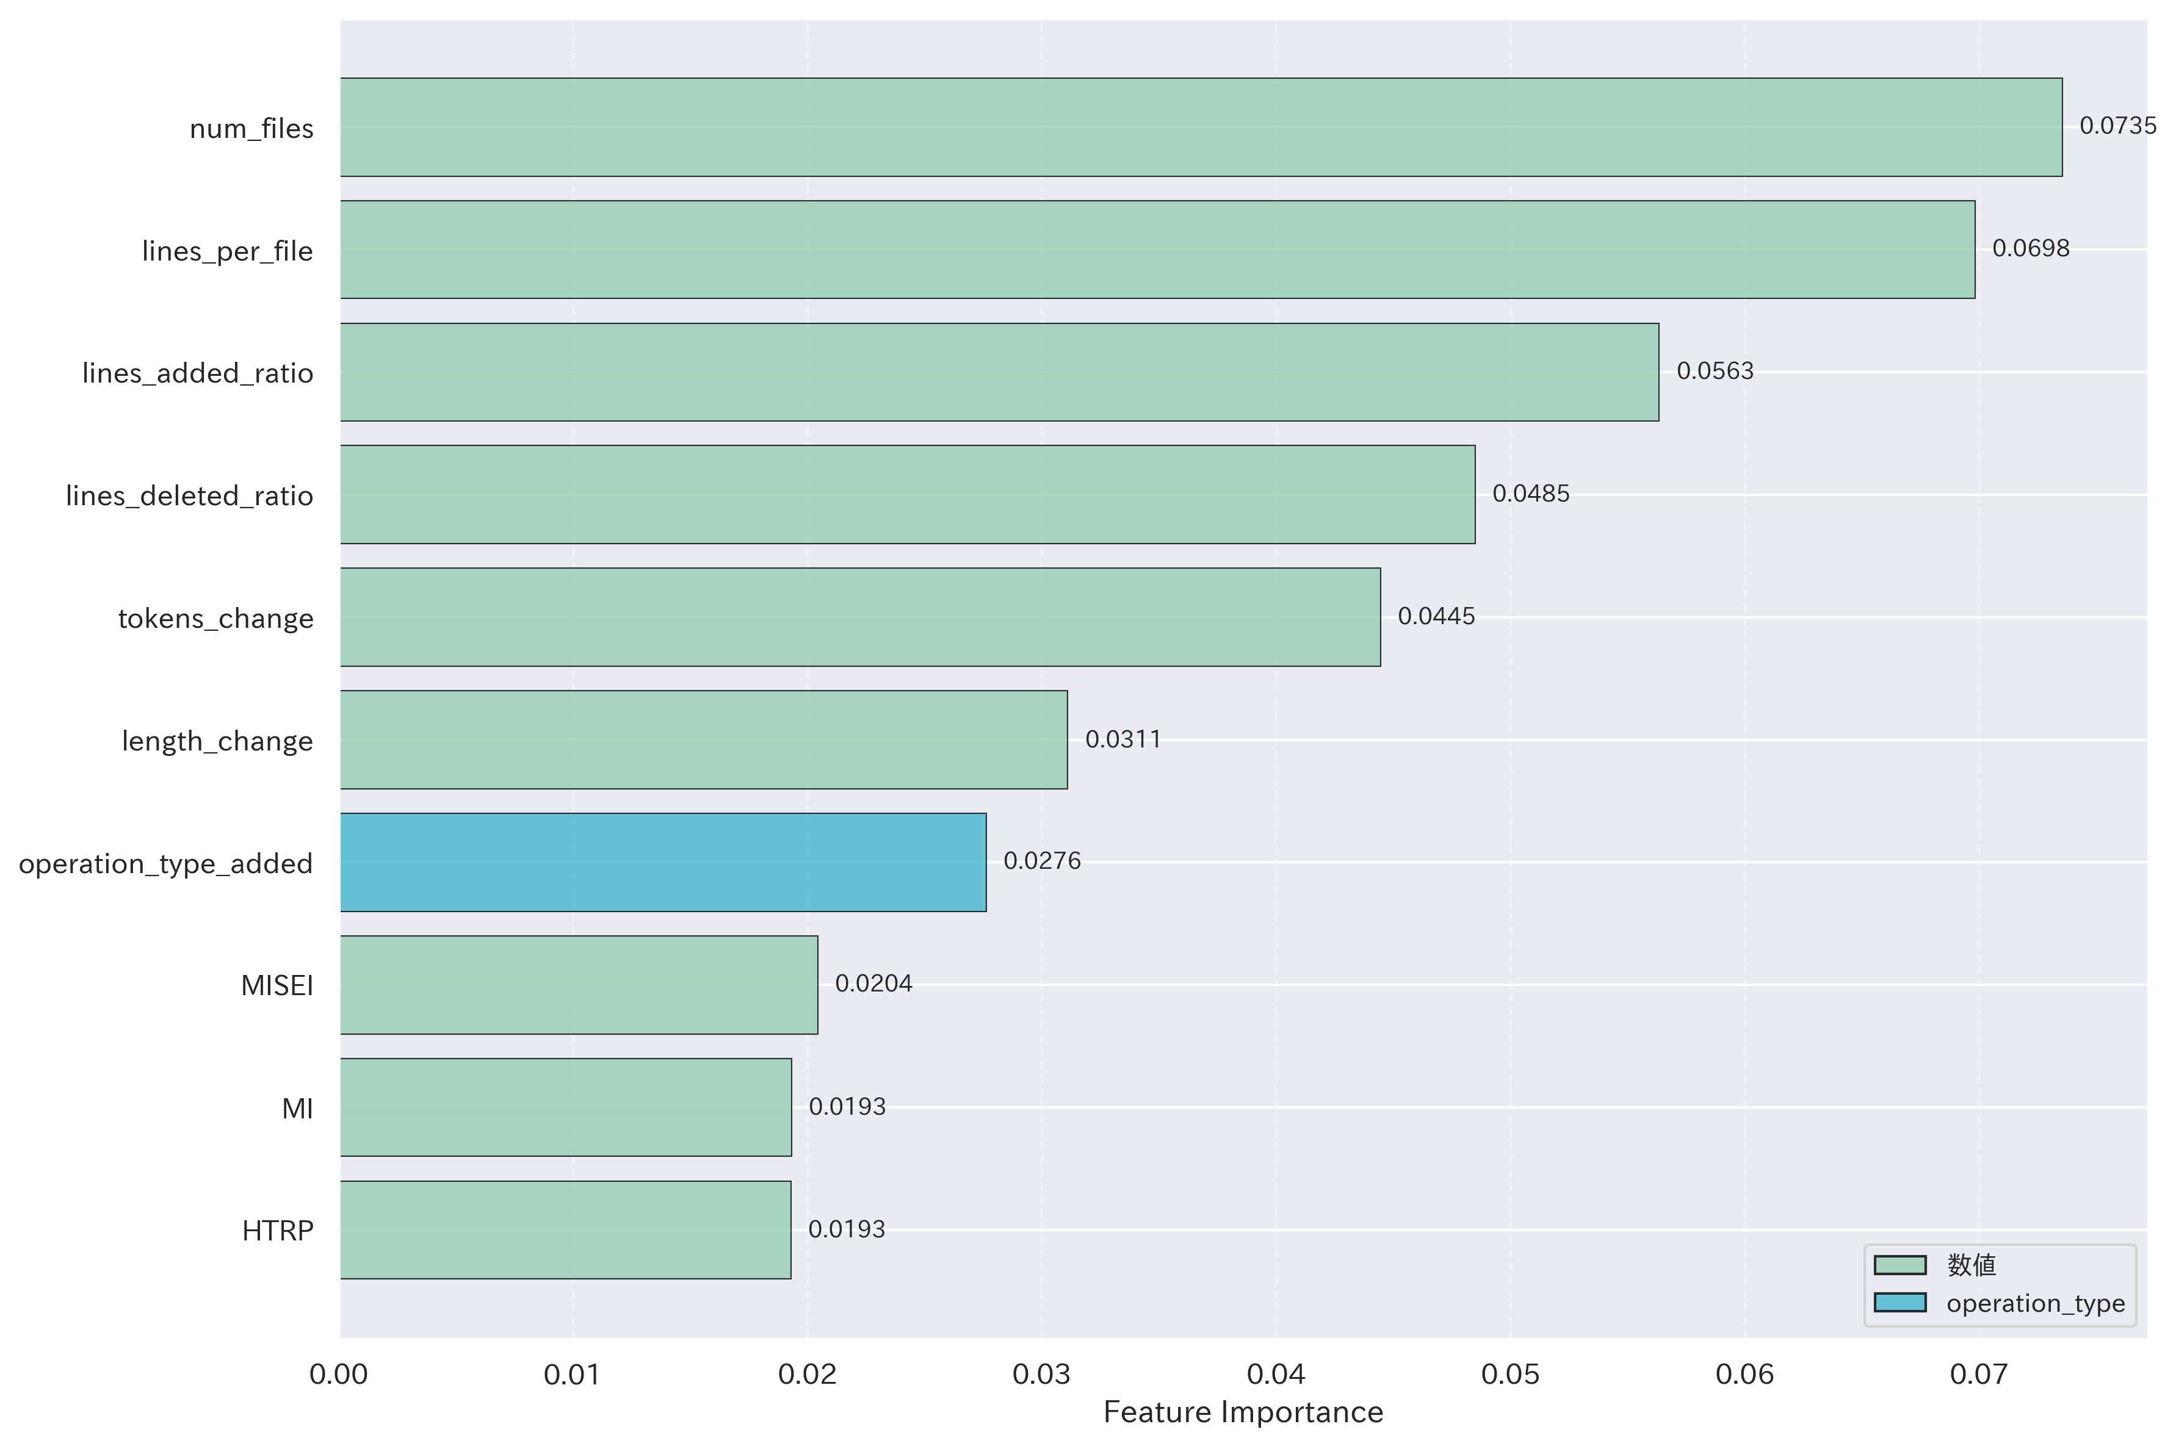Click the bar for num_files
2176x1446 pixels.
1201,128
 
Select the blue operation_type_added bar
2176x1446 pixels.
663,862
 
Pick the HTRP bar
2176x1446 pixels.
565,1229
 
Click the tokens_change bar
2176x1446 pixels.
859,617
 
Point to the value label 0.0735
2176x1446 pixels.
2117,126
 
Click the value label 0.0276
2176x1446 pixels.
1041,860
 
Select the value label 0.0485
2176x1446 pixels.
1530,494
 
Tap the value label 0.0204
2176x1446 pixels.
873,983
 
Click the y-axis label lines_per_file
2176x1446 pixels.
227,251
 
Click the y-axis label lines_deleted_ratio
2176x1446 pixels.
189,495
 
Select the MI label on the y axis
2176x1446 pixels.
297,1107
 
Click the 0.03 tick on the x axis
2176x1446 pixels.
1041,1374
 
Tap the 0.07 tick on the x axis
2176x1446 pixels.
1978,1374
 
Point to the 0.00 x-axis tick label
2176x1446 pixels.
339,1374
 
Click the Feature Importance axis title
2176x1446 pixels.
1243,1412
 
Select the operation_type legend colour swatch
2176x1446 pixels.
1899,1302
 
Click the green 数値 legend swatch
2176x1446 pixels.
1899,1264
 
